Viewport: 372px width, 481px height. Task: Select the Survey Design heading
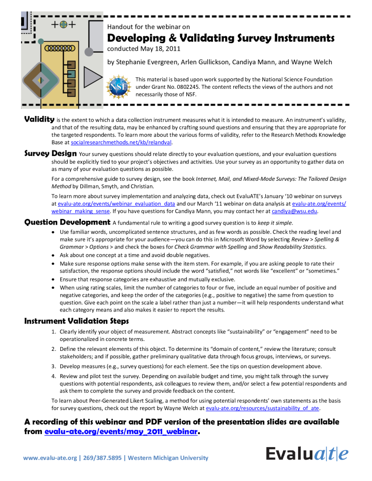50,153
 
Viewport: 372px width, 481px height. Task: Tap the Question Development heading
67,222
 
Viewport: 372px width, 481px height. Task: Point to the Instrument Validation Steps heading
76,321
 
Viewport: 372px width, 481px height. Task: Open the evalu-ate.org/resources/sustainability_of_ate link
263,409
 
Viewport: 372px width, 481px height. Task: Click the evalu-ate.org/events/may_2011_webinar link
121,432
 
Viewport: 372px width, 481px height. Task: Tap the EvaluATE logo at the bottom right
307,454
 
